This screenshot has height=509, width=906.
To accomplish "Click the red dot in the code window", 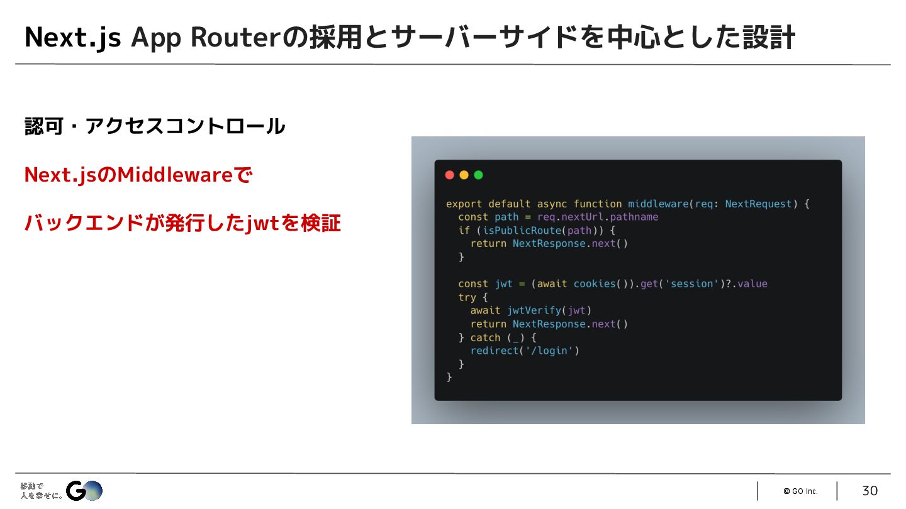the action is coord(449,175).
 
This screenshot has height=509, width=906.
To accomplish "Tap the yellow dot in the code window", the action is coord(464,175).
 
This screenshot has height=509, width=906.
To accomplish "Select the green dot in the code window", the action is coord(478,175).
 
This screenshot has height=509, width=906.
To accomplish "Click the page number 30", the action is coord(870,491).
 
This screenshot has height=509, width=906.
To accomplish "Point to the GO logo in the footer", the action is coord(84,491).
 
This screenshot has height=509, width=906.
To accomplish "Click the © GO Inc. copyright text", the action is coord(800,491).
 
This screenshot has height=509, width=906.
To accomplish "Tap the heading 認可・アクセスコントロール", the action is coord(155,126).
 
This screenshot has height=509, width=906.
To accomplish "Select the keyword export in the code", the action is coord(464,204).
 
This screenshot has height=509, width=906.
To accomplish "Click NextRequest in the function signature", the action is coord(758,204).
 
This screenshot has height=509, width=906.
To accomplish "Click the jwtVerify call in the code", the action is coord(534,310).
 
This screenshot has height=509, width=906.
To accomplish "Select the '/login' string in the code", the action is coord(549,351).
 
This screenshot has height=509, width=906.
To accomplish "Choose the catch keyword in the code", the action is coord(485,337).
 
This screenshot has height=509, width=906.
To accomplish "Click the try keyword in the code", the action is coord(467,297).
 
